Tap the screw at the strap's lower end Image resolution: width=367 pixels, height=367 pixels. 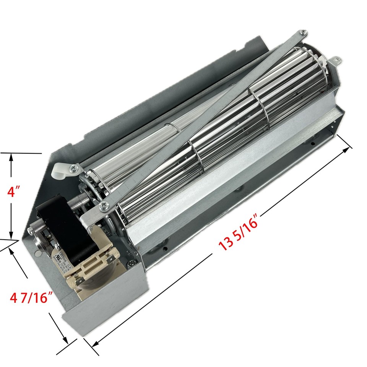(104, 206)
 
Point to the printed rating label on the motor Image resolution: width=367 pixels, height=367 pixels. (63, 260)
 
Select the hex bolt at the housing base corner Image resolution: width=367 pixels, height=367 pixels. (132, 263)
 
